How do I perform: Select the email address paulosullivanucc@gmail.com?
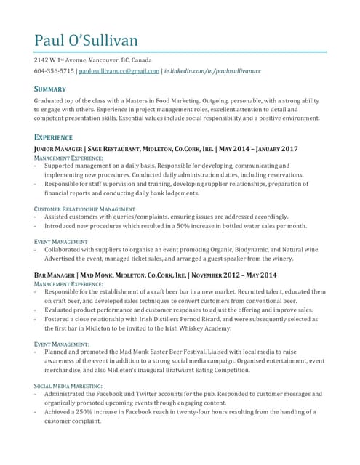point(119,71)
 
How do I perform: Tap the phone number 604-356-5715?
point(53,71)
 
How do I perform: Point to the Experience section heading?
point(53,137)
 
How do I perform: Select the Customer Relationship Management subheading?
point(84,209)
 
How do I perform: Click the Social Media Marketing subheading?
point(68,386)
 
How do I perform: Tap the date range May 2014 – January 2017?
point(258,148)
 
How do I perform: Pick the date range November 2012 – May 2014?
point(234,275)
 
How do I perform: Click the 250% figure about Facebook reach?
point(88,411)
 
